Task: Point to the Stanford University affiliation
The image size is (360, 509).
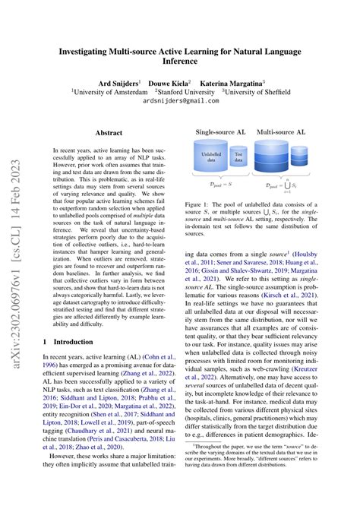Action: coord(191,91)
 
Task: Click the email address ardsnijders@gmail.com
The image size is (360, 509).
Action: coord(179,100)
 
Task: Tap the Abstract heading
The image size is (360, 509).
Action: coord(108,132)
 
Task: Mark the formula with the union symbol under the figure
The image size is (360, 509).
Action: coord(280,185)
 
